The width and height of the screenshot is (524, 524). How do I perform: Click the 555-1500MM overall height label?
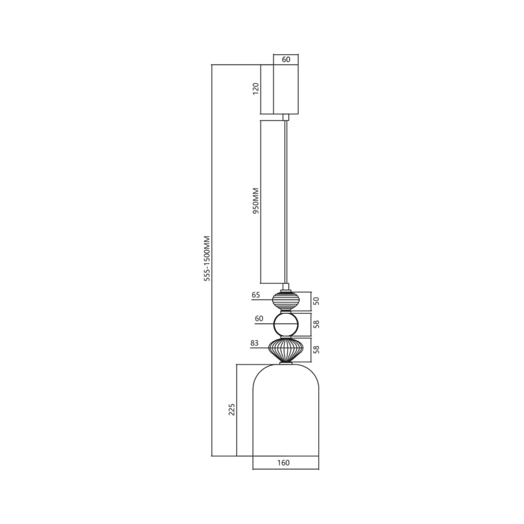click(x=207, y=258)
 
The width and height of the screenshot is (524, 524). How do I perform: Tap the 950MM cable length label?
click(x=256, y=201)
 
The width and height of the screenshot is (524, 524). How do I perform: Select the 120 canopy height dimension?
click(x=256, y=89)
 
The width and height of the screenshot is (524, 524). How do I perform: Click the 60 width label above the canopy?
click(x=286, y=59)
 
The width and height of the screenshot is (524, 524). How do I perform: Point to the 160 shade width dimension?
click(x=284, y=463)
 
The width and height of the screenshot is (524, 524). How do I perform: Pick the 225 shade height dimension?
click(x=232, y=409)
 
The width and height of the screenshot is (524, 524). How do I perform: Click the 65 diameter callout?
click(x=255, y=296)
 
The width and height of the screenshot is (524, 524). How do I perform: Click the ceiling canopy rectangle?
click(x=286, y=89)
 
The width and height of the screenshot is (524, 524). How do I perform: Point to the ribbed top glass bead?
click(x=286, y=300)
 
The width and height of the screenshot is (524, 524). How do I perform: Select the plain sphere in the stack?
click(x=286, y=325)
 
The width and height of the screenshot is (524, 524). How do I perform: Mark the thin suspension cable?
click(x=286, y=199)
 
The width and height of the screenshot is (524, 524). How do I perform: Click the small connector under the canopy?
click(x=286, y=117)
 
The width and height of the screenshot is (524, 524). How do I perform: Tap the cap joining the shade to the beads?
click(x=286, y=363)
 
